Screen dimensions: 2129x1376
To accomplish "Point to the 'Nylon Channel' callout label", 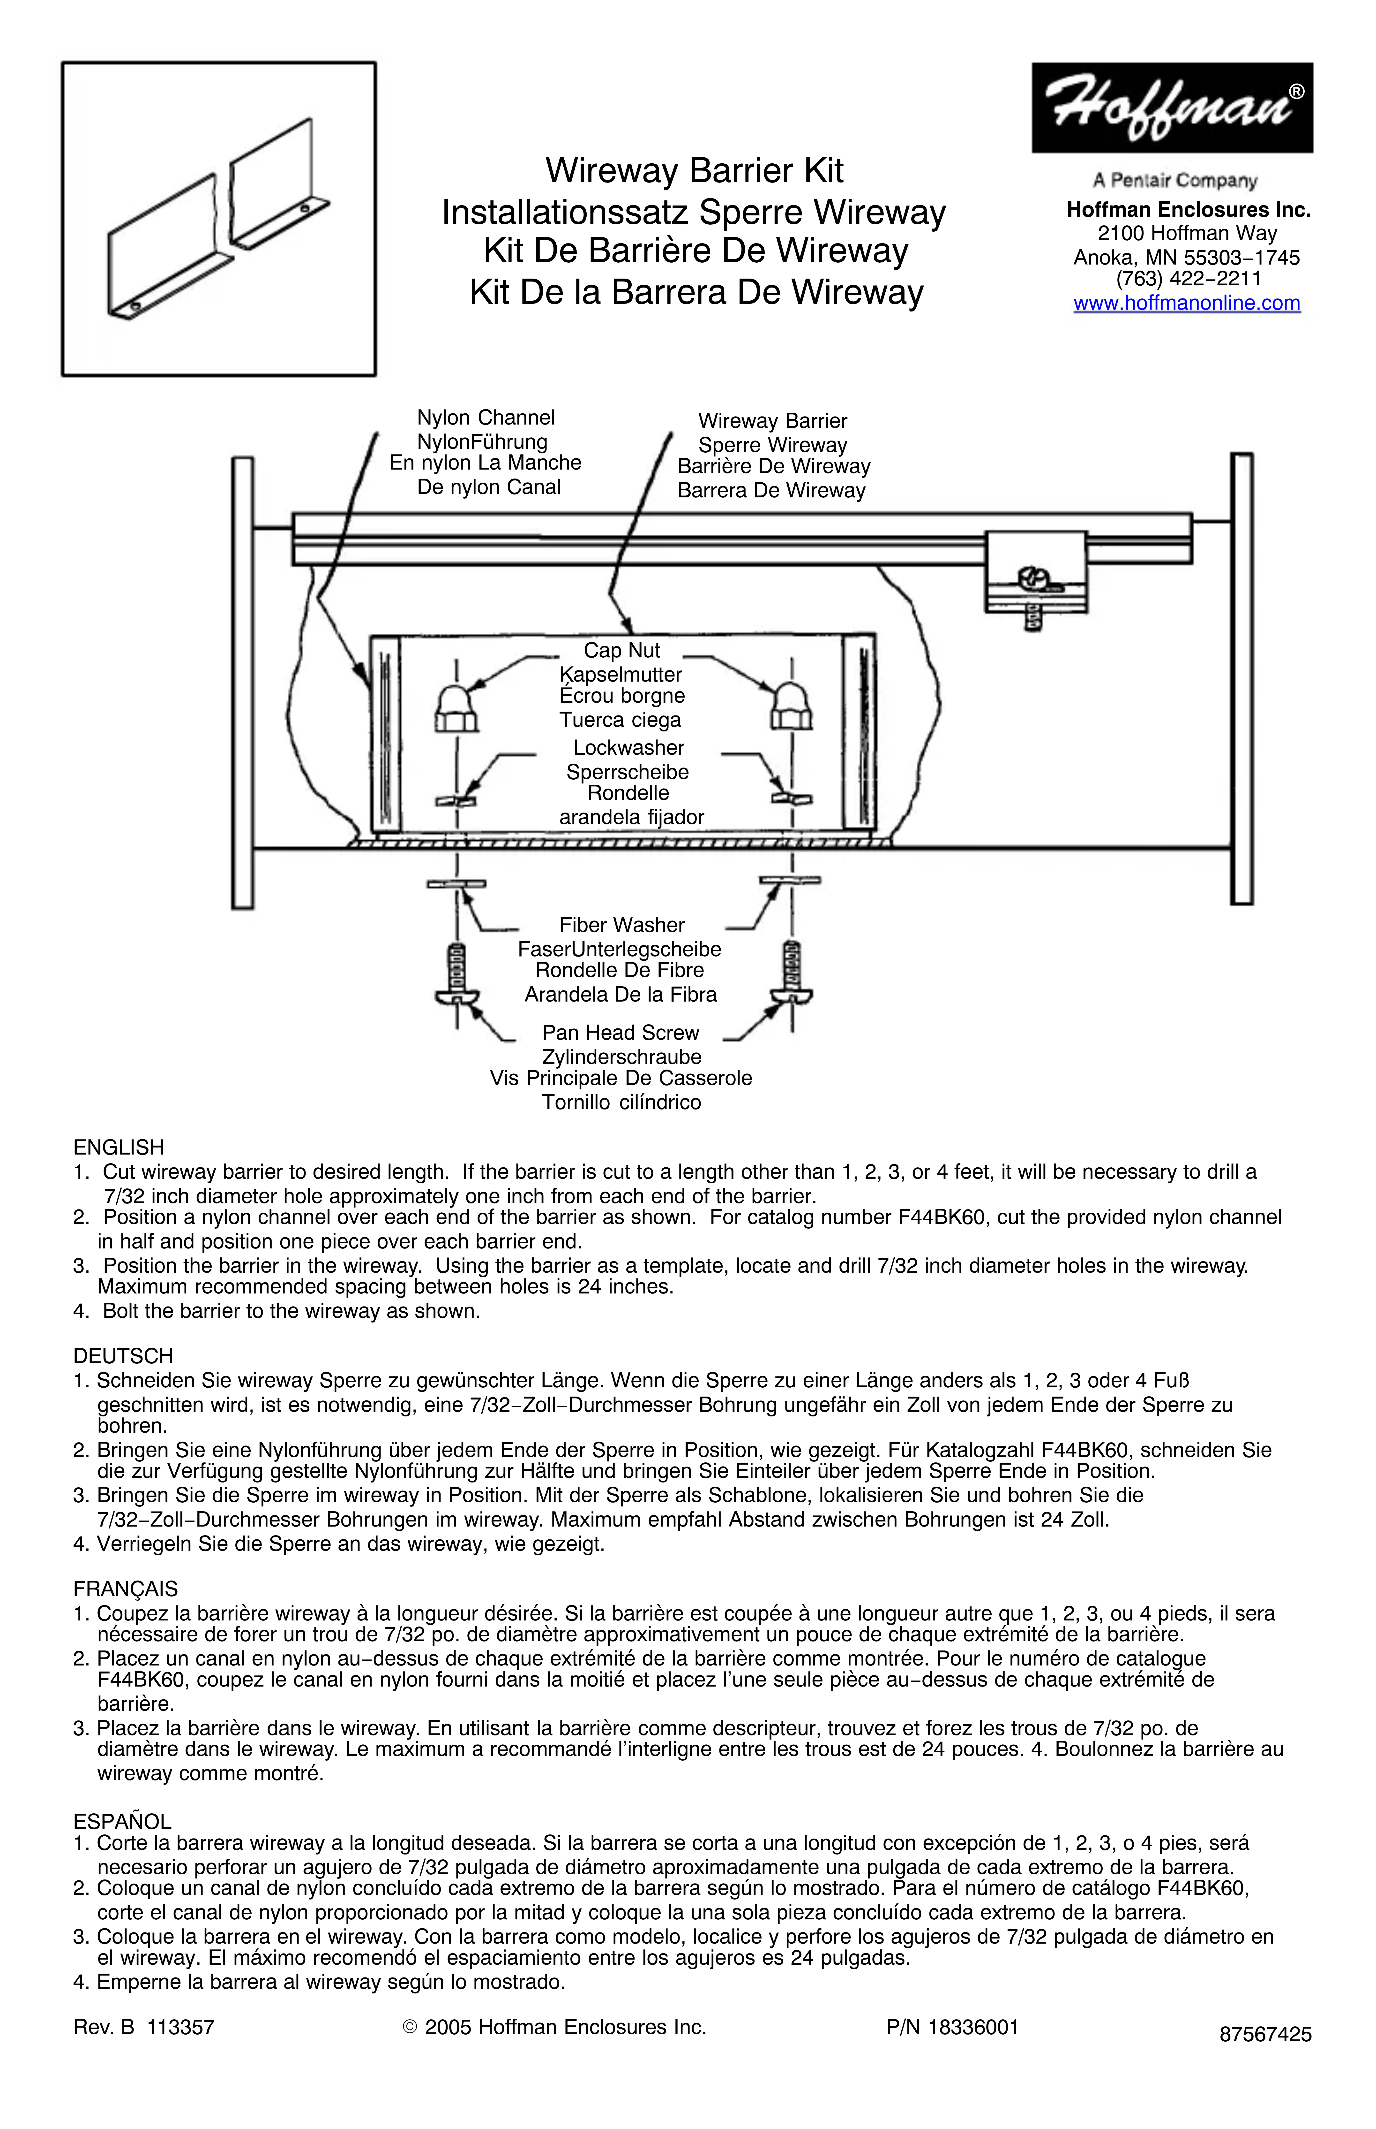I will (x=485, y=417).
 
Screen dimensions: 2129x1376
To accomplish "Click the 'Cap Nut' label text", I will (x=622, y=651).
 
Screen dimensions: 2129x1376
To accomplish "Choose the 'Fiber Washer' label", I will (x=622, y=925).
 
